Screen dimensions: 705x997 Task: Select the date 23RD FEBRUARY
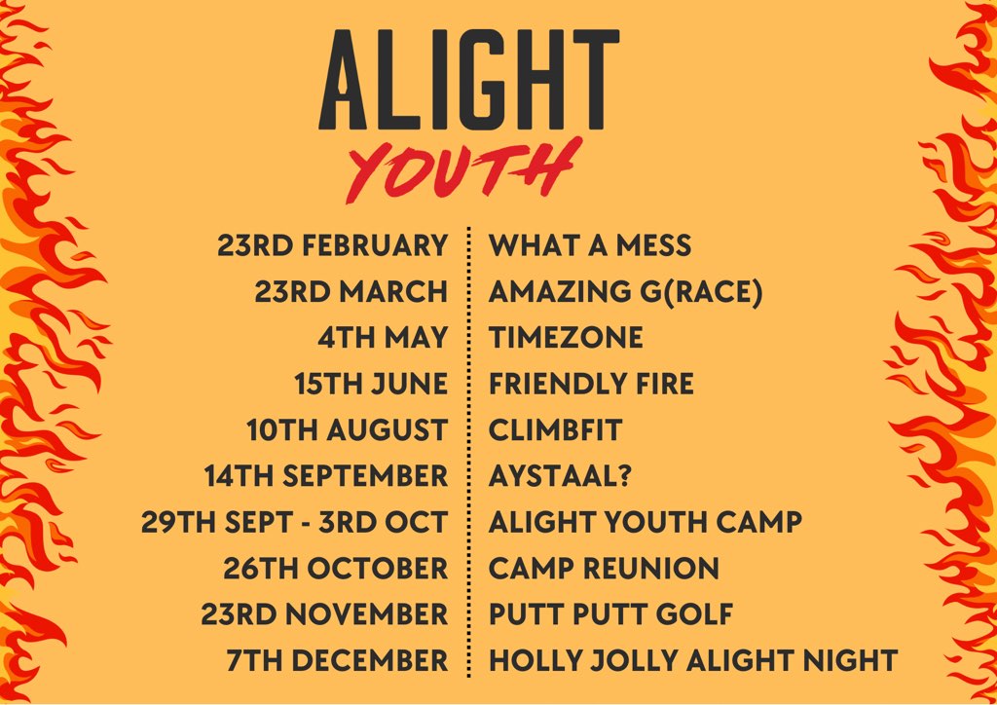click(x=333, y=245)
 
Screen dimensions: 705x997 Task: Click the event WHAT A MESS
click(x=590, y=245)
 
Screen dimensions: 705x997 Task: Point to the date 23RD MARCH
click(x=351, y=291)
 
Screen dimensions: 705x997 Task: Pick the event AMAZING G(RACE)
click(x=625, y=291)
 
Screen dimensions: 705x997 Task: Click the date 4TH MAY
click(x=383, y=338)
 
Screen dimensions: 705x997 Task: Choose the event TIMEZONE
click(x=566, y=338)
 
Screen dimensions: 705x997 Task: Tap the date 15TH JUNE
click(x=371, y=384)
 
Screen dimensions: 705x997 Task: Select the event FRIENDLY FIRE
click(x=591, y=384)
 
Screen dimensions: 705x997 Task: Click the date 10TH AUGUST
click(x=348, y=429)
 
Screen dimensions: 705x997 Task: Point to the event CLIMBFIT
click(x=555, y=429)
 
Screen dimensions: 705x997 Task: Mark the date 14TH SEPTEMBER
click(x=326, y=476)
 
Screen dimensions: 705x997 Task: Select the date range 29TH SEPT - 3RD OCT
click(x=294, y=522)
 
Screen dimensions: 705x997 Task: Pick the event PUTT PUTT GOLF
click(x=610, y=614)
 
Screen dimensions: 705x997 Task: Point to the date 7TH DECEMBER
click(x=337, y=660)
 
